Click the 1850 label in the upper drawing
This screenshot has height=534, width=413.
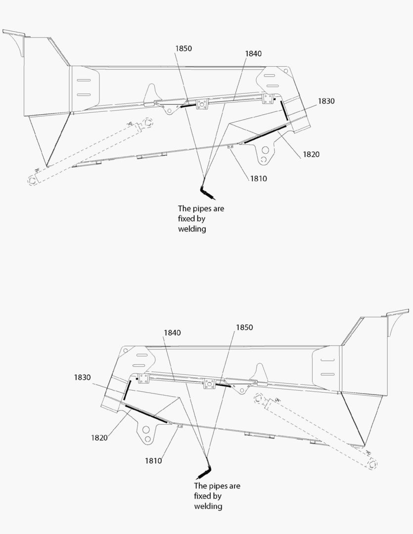(184, 48)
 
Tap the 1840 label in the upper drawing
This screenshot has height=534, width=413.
(253, 53)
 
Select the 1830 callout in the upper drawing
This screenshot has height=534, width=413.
(326, 101)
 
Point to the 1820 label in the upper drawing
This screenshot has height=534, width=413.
(311, 154)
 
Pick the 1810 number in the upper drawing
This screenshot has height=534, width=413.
(258, 178)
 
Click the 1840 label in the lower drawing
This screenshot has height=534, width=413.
(172, 333)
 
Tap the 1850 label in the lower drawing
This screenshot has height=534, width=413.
(244, 327)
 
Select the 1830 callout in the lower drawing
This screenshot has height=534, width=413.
(82, 377)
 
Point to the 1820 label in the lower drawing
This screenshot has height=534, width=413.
(99, 438)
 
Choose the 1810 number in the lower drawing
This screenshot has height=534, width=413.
(153, 461)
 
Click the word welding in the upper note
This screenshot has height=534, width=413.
(192, 229)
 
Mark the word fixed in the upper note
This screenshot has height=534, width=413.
(186, 219)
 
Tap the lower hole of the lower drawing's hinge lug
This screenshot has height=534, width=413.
(147, 439)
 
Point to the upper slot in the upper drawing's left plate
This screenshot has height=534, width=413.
(84, 81)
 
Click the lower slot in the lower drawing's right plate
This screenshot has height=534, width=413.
(327, 374)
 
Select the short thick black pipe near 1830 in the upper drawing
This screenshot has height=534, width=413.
(284, 110)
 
